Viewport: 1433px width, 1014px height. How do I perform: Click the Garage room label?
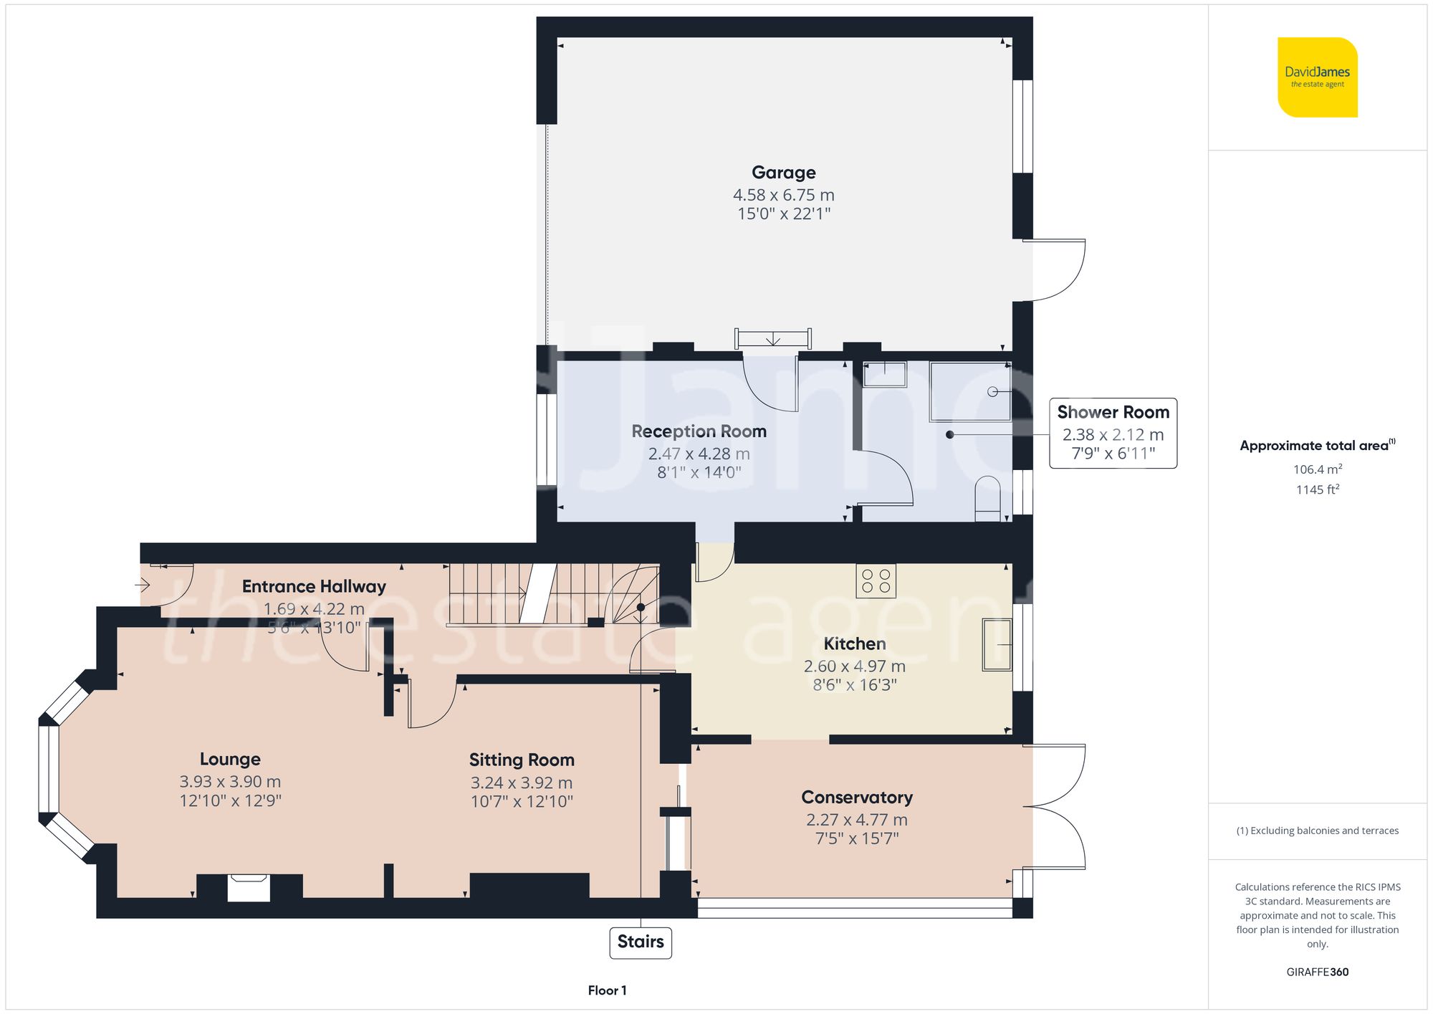[783, 173]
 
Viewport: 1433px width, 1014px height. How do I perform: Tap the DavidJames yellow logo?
[1317, 77]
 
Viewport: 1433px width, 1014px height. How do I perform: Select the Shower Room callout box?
[1113, 433]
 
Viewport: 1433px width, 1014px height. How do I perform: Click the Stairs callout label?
[640, 942]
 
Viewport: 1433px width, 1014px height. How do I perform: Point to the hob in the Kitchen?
[876, 580]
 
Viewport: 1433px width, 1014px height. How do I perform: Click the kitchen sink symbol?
[997, 645]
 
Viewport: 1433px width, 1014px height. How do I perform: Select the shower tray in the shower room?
[970, 391]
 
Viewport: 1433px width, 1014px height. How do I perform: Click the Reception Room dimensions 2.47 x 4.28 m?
[699, 454]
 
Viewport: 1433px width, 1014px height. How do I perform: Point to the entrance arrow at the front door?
[142, 585]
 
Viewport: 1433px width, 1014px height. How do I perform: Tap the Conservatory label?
[856, 798]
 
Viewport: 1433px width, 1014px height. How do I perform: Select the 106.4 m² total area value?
[1317, 469]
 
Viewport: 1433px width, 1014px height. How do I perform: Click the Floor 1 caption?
[607, 990]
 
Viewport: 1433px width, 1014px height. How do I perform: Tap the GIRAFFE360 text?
[1317, 972]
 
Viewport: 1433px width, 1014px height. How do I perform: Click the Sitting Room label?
[522, 760]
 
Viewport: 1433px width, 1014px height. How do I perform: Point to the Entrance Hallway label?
[314, 586]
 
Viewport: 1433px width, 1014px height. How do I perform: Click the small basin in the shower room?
[884, 374]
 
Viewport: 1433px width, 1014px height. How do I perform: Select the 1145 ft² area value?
[1317, 489]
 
